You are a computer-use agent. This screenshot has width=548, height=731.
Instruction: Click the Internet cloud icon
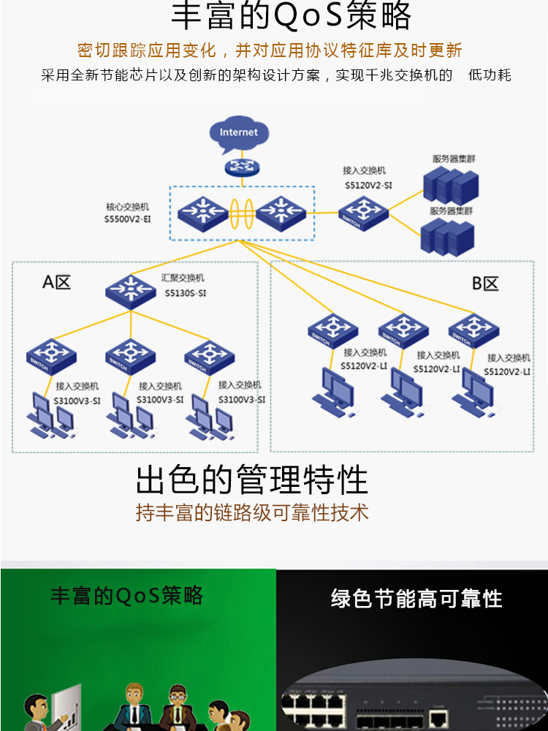(x=239, y=132)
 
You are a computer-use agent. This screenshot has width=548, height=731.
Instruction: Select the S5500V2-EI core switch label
(x=127, y=219)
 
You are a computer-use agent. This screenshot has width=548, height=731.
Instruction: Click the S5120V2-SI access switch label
(x=368, y=186)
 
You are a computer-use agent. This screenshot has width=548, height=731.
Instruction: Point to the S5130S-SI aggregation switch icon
(x=131, y=289)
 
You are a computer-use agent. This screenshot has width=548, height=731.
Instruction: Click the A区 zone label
(x=57, y=282)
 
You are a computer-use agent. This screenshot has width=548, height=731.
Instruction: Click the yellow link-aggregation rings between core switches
(x=241, y=211)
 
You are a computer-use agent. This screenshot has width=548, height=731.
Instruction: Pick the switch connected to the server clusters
(x=363, y=213)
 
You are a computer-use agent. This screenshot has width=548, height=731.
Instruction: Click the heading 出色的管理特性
(x=252, y=480)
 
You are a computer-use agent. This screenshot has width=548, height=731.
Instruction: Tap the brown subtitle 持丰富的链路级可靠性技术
(x=252, y=512)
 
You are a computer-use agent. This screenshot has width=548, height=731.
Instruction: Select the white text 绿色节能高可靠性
(x=416, y=599)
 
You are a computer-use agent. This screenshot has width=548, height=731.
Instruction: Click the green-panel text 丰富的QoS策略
(x=126, y=596)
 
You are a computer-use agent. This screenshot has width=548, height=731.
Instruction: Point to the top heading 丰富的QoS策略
(x=291, y=16)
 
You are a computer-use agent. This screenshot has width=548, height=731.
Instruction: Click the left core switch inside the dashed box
(x=202, y=211)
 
